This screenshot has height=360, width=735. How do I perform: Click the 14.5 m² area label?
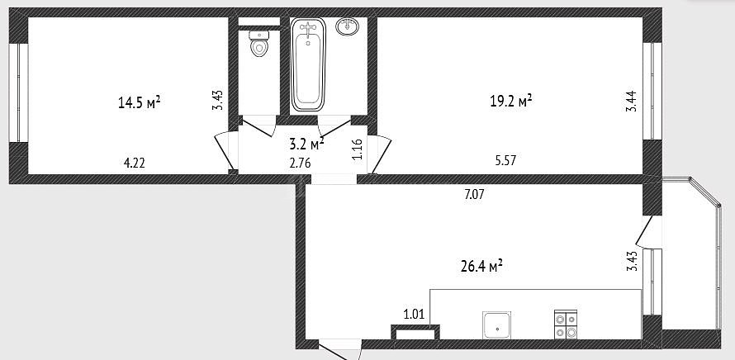pyautogui.click(x=140, y=102)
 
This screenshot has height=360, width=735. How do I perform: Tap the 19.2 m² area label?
pyautogui.click(x=510, y=101)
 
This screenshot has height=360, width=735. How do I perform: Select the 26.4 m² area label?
pyautogui.click(x=481, y=267)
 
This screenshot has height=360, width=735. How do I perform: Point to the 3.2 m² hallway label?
pyautogui.click(x=307, y=144)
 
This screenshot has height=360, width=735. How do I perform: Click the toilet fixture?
pyautogui.click(x=258, y=43)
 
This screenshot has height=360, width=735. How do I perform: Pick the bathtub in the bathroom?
pyautogui.click(x=308, y=64)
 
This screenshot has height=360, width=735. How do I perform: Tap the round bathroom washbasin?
pyautogui.click(x=348, y=26)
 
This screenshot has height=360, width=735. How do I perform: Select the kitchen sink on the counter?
pyautogui.click(x=496, y=324)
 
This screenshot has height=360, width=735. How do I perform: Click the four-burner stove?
pyautogui.click(x=566, y=324)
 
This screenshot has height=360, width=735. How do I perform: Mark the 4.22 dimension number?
pyautogui.click(x=134, y=163)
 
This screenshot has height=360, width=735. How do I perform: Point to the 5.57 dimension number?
pyautogui.click(x=505, y=161)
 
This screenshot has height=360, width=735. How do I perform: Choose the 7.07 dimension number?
pyautogui.click(x=474, y=194)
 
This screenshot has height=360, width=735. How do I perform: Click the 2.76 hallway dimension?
pyautogui.click(x=300, y=163)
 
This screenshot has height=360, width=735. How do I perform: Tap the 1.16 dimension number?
pyautogui.click(x=358, y=149)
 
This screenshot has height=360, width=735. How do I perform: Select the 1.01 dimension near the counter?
pyautogui.click(x=414, y=314)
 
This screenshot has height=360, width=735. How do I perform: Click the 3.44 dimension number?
pyautogui.click(x=632, y=101)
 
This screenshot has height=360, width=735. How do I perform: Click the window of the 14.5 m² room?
pyautogui.click(x=19, y=92)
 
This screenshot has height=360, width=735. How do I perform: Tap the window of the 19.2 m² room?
pyautogui.click(x=652, y=91)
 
